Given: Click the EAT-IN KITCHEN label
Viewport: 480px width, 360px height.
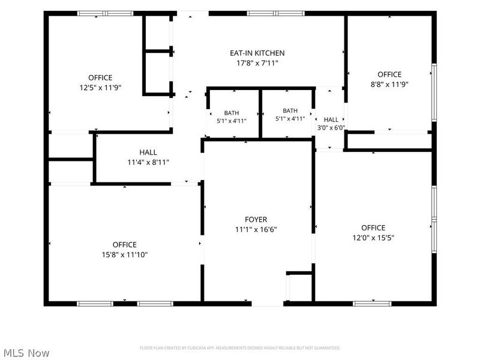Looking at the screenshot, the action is (x=257, y=53).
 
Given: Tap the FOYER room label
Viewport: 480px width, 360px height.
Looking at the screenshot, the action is (x=256, y=220).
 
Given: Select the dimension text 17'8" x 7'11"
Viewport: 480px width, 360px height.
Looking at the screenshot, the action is (x=257, y=64).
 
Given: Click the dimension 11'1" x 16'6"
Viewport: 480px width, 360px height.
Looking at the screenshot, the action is (x=256, y=230).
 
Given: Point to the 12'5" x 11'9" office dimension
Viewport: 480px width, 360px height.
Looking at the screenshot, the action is (x=100, y=88).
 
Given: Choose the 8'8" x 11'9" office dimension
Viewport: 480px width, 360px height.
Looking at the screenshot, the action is (x=389, y=85).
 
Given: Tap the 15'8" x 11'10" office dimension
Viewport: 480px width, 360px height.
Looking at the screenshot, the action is (x=125, y=254).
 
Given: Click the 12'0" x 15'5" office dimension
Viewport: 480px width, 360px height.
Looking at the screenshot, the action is (x=373, y=238).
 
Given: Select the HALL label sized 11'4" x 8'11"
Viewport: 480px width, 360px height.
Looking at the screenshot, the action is (x=148, y=152).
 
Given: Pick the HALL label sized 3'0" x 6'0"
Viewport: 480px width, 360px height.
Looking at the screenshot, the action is (x=331, y=119).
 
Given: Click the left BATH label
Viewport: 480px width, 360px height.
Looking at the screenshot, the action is (x=232, y=113).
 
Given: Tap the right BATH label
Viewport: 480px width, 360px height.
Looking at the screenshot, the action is (x=290, y=110).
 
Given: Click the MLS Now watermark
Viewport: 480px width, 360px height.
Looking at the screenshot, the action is (x=26, y=353).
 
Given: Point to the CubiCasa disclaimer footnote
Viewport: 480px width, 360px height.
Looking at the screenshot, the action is (x=240, y=348).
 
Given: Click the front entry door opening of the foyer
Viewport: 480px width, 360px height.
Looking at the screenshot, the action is (x=268, y=304).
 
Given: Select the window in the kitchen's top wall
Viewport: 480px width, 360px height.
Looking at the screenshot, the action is (x=276, y=13).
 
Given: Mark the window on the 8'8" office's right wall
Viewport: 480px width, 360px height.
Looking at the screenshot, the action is (x=434, y=92).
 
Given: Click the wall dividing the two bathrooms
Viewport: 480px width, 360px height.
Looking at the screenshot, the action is (x=260, y=113).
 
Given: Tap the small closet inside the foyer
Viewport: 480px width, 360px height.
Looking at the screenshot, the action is (x=301, y=287).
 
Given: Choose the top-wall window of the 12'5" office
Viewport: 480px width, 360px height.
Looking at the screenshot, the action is (x=105, y=13).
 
